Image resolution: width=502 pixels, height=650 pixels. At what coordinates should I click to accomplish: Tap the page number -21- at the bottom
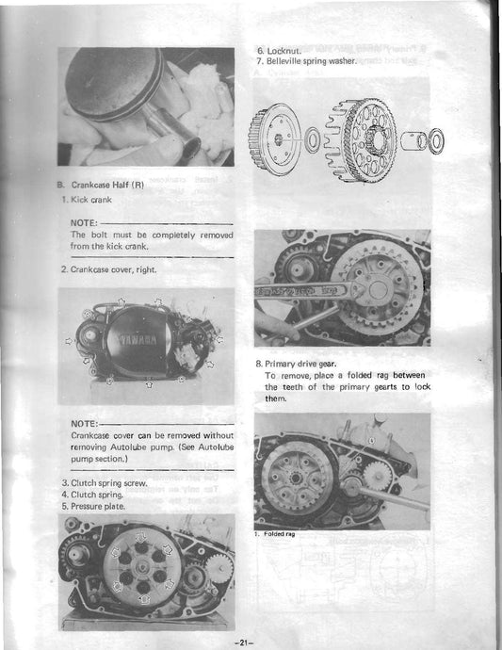[x=250, y=641]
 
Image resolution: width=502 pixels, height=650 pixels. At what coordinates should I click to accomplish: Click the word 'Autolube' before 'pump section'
[x=210, y=449]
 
